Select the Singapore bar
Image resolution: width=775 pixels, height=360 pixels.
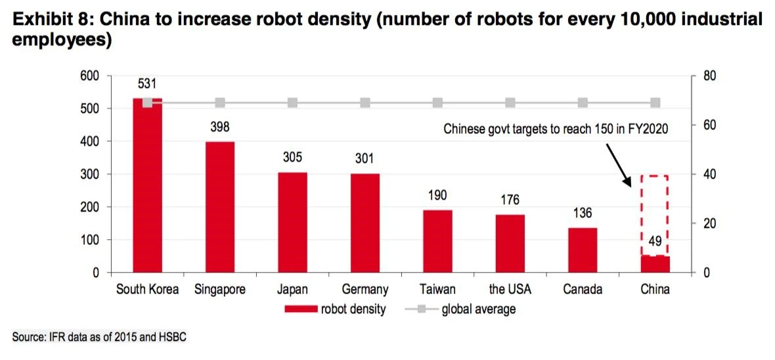[x=220, y=207]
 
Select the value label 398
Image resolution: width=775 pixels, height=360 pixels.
[x=220, y=127]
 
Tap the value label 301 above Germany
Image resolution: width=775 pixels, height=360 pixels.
[x=365, y=159]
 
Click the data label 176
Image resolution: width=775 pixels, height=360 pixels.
[x=510, y=200]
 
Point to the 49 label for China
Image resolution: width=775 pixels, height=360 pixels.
[x=655, y=241]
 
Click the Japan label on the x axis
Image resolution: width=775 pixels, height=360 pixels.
[x=292, y=290]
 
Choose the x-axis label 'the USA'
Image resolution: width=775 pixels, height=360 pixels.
[x=510, y=290]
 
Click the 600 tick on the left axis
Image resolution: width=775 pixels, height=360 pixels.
[x=90, y=76]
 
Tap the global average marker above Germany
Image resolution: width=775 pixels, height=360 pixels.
[x=365, y=103]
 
